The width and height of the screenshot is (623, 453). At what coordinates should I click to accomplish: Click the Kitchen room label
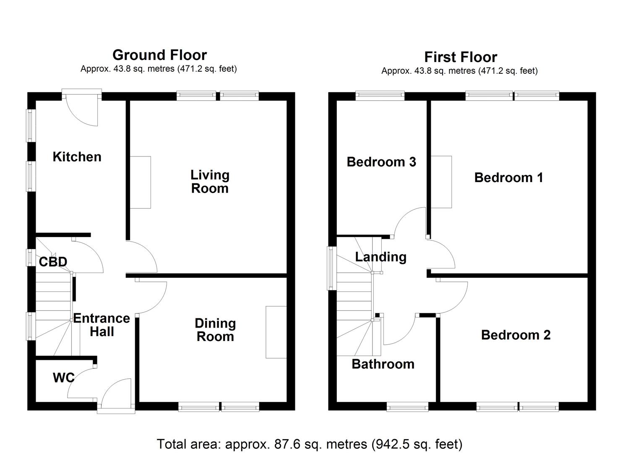[x=77, y=157]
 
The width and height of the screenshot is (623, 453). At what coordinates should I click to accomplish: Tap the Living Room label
[x=210, y=181]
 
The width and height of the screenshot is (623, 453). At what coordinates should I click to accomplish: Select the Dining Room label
[x=215, y=330]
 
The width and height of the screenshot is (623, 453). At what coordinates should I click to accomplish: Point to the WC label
[x=63, y=378]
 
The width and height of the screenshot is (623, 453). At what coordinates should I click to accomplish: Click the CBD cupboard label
[x=53, y=262]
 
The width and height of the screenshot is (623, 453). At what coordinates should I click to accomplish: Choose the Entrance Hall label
[x=102, y=325]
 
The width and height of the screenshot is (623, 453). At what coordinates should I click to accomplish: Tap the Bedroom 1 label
[x=508, y=177]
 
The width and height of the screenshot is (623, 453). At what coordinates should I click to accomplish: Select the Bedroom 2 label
[x=516, y=335]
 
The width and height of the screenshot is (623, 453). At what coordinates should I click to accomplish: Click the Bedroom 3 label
[x=381, y=162]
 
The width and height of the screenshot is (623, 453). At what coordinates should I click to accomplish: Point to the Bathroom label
[x=383, y=364]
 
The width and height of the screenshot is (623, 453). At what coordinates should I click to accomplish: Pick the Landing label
[x=381, y=257]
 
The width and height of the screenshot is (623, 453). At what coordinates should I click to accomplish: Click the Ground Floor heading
[x=159, y=55]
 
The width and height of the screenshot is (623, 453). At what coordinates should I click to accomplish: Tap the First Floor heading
[x=460, y=57]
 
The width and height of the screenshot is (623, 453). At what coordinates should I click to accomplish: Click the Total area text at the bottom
[x=310, y=443]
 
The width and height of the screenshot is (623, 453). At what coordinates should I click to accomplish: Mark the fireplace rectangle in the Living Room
[x=140, y=182]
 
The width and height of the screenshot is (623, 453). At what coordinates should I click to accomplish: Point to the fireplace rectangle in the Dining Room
[x=276, y=332]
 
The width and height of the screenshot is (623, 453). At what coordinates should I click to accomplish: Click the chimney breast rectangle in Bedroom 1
[x=441, y=182]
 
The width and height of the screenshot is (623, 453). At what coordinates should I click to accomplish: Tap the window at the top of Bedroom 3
[x=380, y=96]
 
